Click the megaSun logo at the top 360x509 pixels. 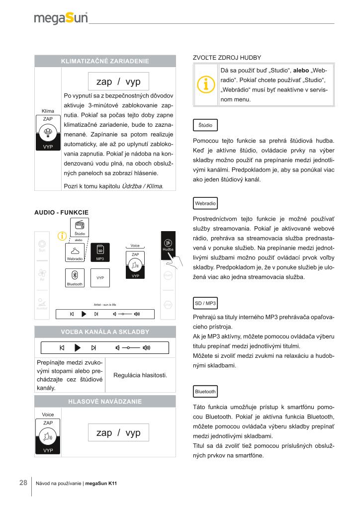(x=61, y=18)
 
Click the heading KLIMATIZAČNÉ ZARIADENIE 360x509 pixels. (x=105, y=61)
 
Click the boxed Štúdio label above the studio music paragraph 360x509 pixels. (x=205, y=125)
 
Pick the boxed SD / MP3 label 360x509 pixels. (x=205, y=303)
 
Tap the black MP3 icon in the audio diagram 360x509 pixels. (x=100, y=252)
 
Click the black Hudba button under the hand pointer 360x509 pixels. (x=168, y=245)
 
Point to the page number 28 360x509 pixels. (x=23, y=483)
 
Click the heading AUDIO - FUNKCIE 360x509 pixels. (x=61, y=212)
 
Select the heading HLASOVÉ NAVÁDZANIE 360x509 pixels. (x=105, y=401)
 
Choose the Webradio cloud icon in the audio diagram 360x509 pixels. (x=75, y=251)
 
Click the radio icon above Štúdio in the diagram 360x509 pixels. (x=80, y=225)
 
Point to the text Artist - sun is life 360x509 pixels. (x=105, y=304)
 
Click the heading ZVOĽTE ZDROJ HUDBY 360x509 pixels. (x=227, y=58)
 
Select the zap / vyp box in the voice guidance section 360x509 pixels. (x=118, y=433)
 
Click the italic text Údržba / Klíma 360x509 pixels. (x=142, y=186)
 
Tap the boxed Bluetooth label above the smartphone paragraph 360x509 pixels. (x=205, y=392)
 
